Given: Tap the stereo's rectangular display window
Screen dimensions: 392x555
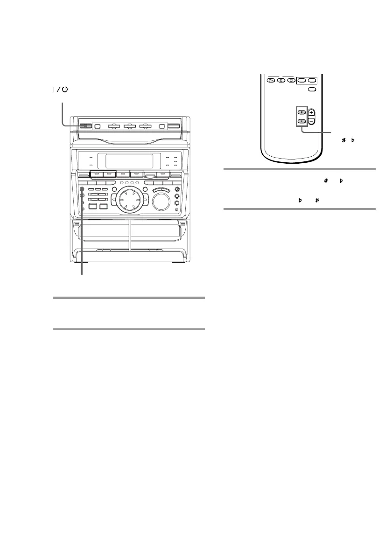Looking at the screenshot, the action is (x=129, y=161).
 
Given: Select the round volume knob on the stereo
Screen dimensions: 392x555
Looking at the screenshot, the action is (x=160, y=201).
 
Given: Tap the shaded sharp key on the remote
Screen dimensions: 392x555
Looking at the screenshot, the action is (x=302, y=112).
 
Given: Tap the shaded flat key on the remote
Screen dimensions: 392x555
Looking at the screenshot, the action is (x=302, y=121).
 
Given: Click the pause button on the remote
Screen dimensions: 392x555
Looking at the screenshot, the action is (x=281, y=80).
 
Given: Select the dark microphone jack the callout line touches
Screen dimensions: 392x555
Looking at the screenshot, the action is (x=82, y=189).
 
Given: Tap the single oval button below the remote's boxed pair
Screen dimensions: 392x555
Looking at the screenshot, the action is (x=312, y=89).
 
